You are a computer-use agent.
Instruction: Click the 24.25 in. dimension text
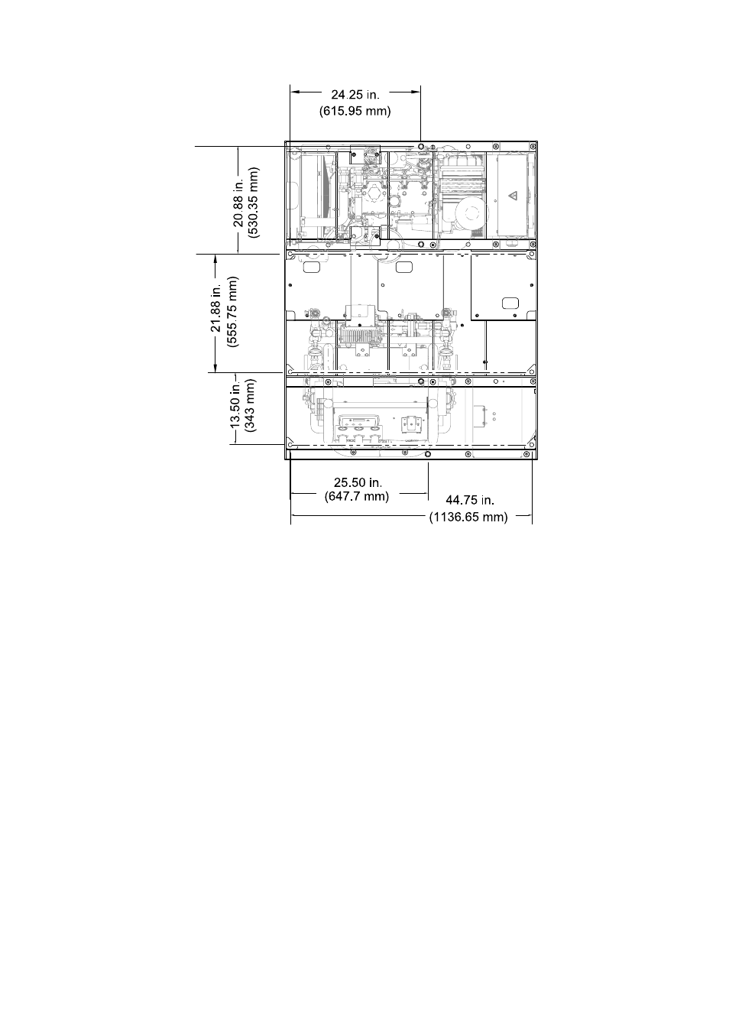click(x=355, y=95)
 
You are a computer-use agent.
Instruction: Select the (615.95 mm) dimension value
click(x=355, y=111)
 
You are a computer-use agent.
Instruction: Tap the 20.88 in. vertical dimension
click(x=238, y=203)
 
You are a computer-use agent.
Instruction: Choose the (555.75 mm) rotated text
click(x=233, y=311)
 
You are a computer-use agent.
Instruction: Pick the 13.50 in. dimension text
click(x=236, y=404)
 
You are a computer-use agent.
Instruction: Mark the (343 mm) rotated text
click(x=251, y=405)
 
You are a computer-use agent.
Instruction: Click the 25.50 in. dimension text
click(x=358, y=482)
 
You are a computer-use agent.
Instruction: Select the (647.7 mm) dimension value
click(x=357, y=497)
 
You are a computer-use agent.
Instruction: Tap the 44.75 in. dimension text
click(x=470, y=500)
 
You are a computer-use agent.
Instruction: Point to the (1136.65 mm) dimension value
click(x=469, y=517)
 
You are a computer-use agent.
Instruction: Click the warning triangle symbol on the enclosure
click(x=513, y=196)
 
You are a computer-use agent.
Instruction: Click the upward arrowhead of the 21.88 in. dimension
click(x=215, y=260)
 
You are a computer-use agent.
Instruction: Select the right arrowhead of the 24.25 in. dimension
click(x=416, y=92)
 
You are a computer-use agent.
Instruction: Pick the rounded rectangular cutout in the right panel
click(x=510, y=303)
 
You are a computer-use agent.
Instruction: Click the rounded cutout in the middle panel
click(x=404, y=266)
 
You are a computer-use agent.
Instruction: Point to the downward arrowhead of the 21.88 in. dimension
click(x=215, y=367)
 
